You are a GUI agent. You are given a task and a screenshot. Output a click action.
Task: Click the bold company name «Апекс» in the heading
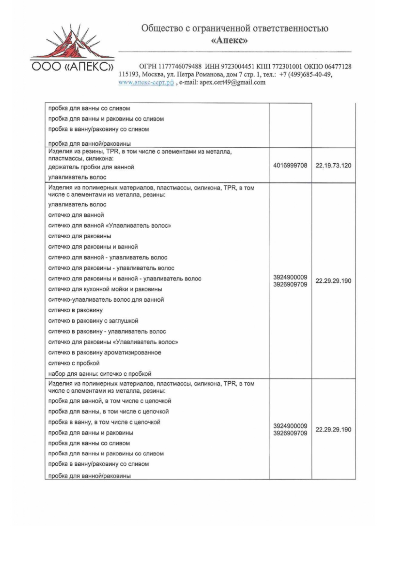pyautogui.click(x=234, y=41)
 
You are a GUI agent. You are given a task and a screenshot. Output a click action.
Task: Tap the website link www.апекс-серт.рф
pyautogui.click(x=146, y=82)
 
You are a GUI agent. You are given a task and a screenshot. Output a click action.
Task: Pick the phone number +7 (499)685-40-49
pyautogui.click(x=306, y=75)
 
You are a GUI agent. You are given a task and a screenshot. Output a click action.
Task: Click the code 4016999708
pyautogui.click(x=290, y=165)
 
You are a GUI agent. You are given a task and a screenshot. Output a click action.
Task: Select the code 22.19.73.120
pyautogui.click(x=333, y=166)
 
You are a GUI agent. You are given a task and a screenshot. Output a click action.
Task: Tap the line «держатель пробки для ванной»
pyautogui.click(x=91, y=167)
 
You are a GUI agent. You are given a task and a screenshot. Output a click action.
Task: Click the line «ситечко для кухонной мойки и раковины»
pyautogui.click(x=105, y=289)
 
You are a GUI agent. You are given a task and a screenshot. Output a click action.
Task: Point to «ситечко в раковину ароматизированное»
pyautogui.click(x=105, y=353)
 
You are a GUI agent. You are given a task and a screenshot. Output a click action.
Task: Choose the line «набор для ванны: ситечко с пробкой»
pyautogui.click(x=99, y=374)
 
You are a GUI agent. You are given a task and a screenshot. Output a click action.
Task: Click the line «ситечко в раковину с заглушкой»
pyautogui.click(x=93, y=321)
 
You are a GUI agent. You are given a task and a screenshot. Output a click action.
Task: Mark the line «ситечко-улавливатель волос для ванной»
pyautogui.click(x=106, y=300)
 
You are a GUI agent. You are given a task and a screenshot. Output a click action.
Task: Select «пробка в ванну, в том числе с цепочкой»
pyautogui.click(x=104, y=422)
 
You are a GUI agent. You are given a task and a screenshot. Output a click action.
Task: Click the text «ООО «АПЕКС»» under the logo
pyautogui.click(x=72, y=67)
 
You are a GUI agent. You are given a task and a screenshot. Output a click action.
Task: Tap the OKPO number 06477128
pyautogui.click(x=338, y=67)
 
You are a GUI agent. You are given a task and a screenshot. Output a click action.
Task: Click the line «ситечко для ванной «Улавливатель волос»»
pyautogui.click(x=109, y=225)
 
